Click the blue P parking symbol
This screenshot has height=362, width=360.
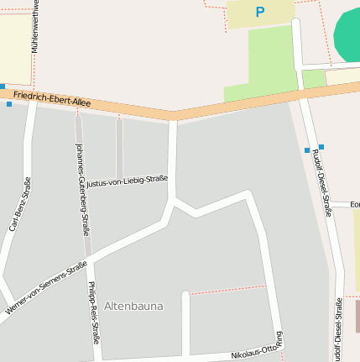[259, 13]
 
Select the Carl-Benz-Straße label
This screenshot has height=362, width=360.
[19, 204]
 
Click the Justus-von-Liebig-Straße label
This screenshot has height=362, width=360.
[128, 181]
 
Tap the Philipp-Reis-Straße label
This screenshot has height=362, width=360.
[93, 312]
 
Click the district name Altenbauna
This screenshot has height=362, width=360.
[133, 306]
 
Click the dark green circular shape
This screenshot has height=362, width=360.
[347, 35]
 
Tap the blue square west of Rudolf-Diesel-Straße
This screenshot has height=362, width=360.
[307, 150]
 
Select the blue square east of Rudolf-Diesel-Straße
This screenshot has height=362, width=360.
[321, 147]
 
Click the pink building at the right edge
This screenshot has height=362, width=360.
[357, 316]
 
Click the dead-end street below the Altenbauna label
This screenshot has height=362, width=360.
[185, 328]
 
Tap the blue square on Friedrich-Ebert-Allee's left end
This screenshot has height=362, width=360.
[3, 86]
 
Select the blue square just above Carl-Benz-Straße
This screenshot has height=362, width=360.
[9, 104]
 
